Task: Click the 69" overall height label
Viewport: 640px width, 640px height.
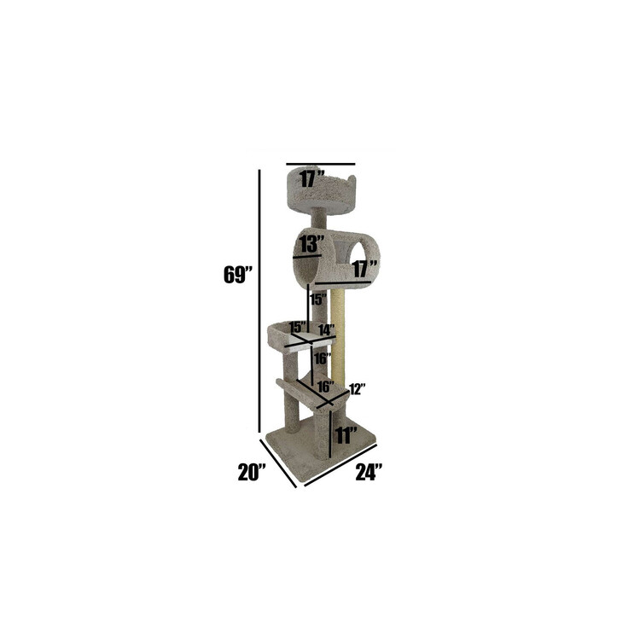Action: tap(236, 276)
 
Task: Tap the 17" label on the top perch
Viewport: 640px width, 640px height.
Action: tap(313, 179)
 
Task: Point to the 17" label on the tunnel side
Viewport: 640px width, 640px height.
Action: tap(364, 269)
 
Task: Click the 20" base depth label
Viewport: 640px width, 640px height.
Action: tap(253, 470)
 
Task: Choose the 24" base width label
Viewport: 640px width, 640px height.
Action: tap(368, 470)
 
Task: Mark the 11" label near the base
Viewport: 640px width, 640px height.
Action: tap(346, 435)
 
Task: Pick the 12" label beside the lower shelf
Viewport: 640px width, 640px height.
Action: tap(357, 389)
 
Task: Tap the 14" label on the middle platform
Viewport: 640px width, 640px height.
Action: tap(325, 329)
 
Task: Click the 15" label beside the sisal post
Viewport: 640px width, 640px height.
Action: tap(317, 300)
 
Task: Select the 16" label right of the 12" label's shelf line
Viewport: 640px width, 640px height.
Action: tap(324, 387)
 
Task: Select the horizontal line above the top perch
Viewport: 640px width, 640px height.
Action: tap(320, 163)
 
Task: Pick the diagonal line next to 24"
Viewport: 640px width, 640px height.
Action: tap(340, 465)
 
